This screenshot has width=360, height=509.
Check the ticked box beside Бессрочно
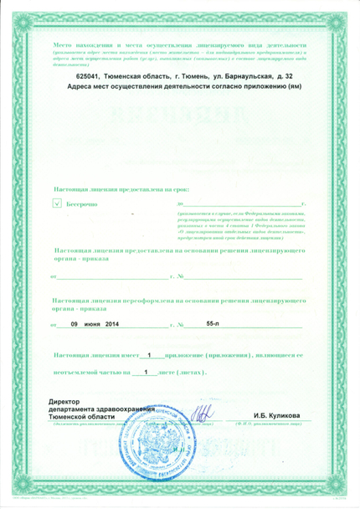coord(56,203)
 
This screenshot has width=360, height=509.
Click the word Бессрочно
coord(83,203)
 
